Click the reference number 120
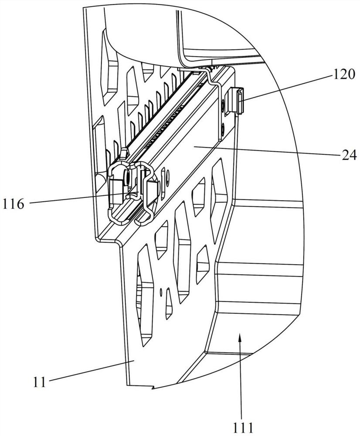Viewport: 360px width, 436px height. click(343, 75)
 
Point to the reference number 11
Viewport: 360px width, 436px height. click(39, 382)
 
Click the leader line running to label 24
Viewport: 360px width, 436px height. click(266, 150)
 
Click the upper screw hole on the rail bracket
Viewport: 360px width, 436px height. click(223, 106)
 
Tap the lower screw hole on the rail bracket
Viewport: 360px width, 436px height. click(223, 128)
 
